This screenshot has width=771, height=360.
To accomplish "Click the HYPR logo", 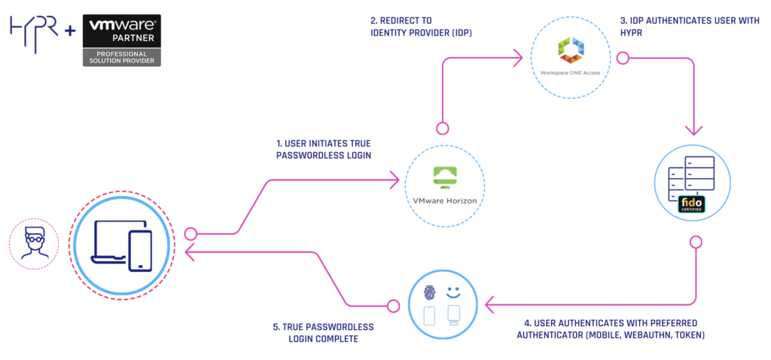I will (35, 29).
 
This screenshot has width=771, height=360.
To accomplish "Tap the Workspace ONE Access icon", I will (570, 52).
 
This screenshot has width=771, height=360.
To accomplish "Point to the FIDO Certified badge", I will (691, 204).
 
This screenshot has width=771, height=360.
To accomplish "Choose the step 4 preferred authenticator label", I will (611, 328).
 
